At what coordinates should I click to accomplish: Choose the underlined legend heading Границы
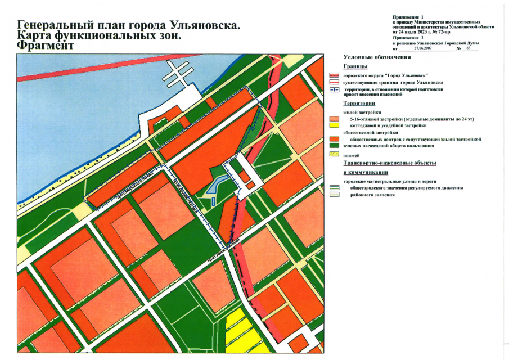(355, 66)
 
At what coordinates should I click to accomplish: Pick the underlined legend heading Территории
(359, 104)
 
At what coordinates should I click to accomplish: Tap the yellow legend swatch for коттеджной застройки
(334, 125)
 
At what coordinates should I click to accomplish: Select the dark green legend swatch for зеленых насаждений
(334, 146)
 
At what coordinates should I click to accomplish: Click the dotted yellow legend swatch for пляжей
(334, 154)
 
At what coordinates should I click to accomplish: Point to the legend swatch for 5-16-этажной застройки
(334, 119)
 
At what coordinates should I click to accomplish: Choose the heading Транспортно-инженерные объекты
(390, 163)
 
